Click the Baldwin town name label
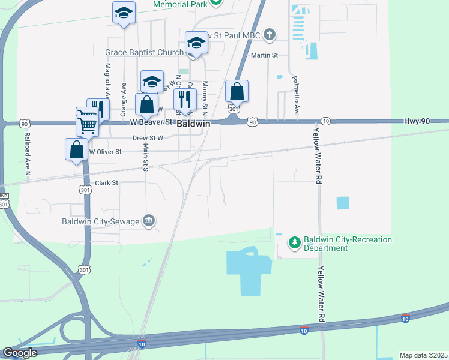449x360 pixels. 193,123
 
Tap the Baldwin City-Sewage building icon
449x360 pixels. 149,221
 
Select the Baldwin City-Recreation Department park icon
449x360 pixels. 294,243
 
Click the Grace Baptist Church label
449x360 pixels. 144,53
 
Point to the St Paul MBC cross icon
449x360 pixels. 270,34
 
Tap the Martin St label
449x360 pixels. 264,55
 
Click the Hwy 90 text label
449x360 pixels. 417,121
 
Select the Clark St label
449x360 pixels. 106,182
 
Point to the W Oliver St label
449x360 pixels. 106,152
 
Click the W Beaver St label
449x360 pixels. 151,122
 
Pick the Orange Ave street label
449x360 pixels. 124,98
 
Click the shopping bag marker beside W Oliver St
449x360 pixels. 77,149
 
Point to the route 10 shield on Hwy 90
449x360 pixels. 325,121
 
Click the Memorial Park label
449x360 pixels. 179,4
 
